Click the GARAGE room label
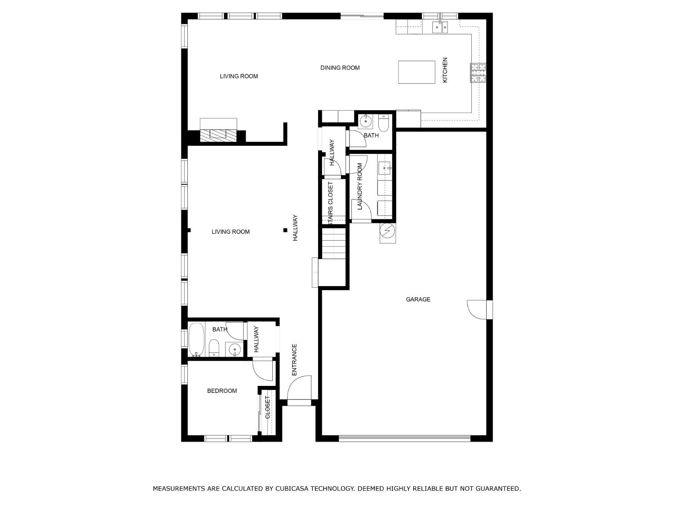(418, 299)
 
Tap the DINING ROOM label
(340, 67)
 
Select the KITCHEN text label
(445, 70)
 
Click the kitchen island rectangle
(417, 72)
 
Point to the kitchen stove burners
(478, 73)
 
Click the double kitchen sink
(440, 27)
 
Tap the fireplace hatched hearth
(218, 135)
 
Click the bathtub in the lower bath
(196, 340)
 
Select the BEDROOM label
(222, 391)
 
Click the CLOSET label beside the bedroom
(267, 407)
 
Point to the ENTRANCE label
(294, 359)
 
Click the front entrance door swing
(299, 388)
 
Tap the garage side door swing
(477, 310)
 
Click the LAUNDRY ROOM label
(360, 187)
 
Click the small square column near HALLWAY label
(285, 230)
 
